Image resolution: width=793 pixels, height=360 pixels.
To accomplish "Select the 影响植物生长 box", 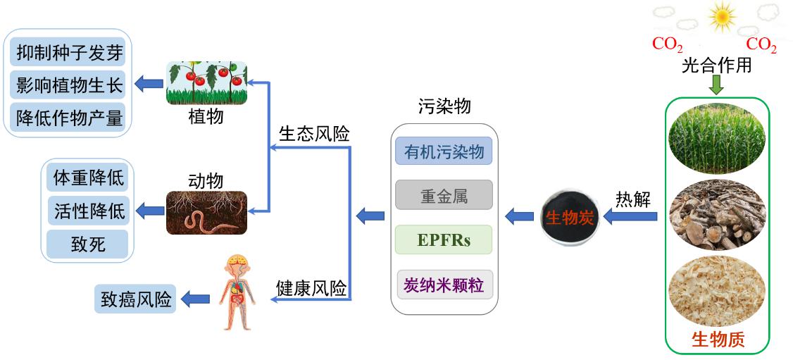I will pos(69,86).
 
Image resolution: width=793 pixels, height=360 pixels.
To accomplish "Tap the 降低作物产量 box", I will pos(69,117).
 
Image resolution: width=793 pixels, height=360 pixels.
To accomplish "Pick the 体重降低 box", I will pos(87,178).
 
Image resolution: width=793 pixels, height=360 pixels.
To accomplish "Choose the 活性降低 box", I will pos(87,210).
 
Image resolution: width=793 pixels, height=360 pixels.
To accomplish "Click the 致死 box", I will pos(87,244).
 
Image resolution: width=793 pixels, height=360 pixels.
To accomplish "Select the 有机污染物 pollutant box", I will pos(444,152).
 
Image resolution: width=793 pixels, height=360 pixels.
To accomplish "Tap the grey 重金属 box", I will pos(444,195).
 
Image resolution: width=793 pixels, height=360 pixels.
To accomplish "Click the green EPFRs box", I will pos(444,241).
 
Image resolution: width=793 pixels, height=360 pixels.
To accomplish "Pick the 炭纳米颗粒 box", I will pos(444,285).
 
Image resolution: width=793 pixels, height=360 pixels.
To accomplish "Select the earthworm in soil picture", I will pos(206,213).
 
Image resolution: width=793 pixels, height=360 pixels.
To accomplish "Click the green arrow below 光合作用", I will pos(716,85).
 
